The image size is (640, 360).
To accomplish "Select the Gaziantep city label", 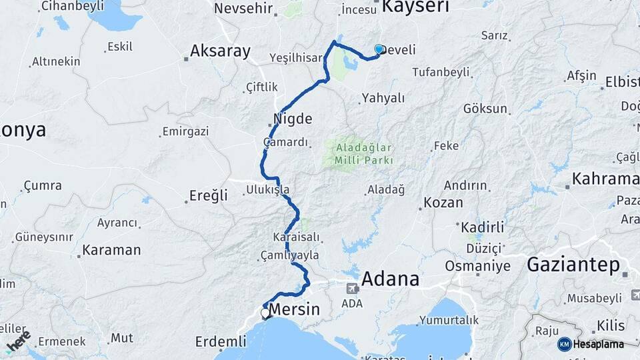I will point(573,265).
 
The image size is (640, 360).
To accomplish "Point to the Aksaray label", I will point(220,51).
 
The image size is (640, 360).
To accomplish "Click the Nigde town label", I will point(293,119).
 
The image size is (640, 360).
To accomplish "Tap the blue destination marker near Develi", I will point(379,49).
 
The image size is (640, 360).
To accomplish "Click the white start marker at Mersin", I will point(265,312).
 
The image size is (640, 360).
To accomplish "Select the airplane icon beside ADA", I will point(351,289).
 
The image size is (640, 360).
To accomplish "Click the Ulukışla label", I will point(268,190).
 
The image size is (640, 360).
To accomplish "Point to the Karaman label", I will point(111,251).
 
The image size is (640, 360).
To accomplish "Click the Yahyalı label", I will point(383,98).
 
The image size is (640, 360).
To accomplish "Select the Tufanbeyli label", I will point(441,72).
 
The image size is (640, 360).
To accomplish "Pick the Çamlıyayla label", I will point(290,255).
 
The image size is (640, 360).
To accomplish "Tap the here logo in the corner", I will point(18,340).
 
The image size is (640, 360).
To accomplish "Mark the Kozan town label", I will point(443,203).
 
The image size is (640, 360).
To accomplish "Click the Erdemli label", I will point(221,342).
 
